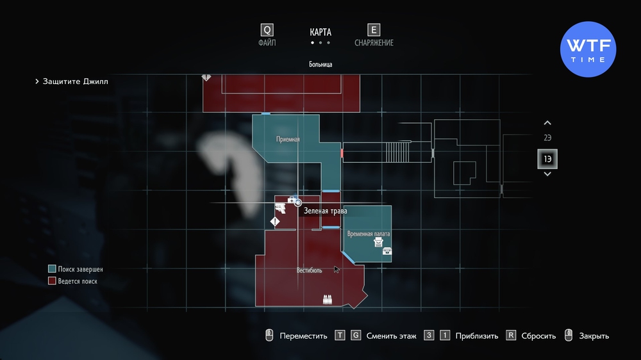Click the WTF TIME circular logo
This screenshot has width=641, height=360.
coord(588,49)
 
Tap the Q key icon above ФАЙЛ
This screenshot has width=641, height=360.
coord(267,30)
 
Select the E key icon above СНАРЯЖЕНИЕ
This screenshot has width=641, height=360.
coord(374,30)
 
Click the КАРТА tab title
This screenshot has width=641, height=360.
coord(320,32)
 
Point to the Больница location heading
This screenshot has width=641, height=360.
coord(320,64)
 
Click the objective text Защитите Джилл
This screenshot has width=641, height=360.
coord(76,81)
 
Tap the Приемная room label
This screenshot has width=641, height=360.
coord(288,140)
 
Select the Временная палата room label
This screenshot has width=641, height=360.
coord(369,234)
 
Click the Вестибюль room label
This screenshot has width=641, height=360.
coord(309,270)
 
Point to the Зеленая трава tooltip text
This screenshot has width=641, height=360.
coord(326,211)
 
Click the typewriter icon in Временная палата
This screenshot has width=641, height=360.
coord(378,242)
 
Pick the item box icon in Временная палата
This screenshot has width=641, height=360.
coord(387,251)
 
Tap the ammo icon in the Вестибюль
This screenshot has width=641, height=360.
coord(327,300)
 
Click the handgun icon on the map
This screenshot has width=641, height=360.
coord(281,208)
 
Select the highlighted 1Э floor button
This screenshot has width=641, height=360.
coord(547,159)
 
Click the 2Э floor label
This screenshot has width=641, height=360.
coord(547,138)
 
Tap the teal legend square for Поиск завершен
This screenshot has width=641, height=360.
coord(52,269)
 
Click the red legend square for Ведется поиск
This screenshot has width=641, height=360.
coord(52,281)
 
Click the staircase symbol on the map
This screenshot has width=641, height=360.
coord(397,152)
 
